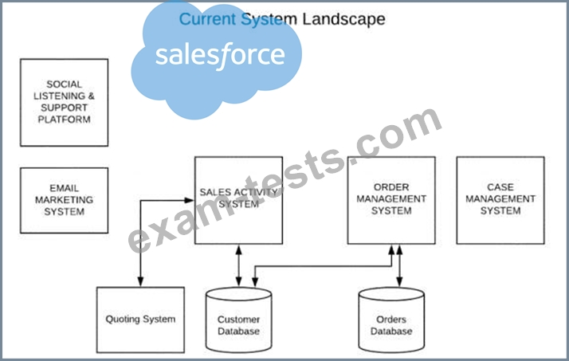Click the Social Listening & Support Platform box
click(x=64, y=102)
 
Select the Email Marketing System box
click(x=64, y=200)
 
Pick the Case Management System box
click(x=500, y=200)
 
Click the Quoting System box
click(x=140, y=320)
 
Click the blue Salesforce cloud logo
click(x=219, y=60)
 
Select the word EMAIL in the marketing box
click(x=65, y=189)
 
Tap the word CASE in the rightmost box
click(x=500, y=188)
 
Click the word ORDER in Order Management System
click(x=391, y=188)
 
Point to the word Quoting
click(x=124, y=320)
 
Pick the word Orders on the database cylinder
click(x=391, y=320)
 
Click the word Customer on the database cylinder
click(x=238, y=320)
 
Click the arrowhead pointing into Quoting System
click(x=140, y=282)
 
